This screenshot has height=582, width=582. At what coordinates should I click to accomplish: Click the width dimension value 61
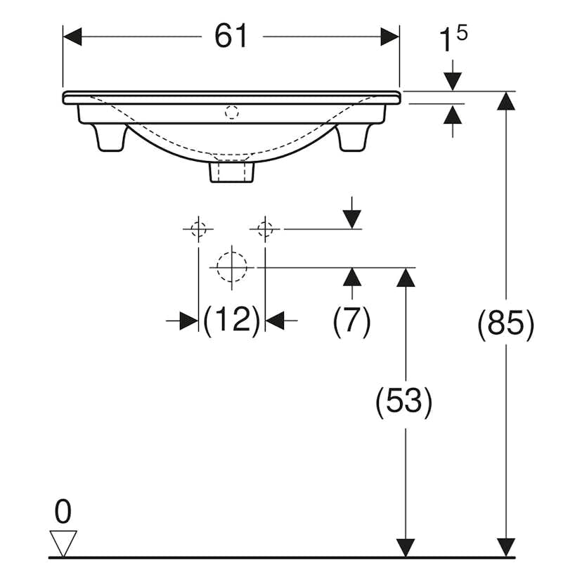[231, 36]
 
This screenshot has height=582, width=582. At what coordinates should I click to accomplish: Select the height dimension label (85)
[506, 325]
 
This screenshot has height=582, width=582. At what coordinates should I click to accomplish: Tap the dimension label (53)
[403, 401]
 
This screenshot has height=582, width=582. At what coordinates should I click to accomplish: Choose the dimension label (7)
[351, 321]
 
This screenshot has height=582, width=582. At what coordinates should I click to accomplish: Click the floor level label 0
[63, 513]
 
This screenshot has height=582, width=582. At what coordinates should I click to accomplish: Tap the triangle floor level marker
[63, 542]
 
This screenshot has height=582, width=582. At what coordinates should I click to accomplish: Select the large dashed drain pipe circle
[231, 267]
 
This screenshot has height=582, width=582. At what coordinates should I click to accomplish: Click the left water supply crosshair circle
[198, 228]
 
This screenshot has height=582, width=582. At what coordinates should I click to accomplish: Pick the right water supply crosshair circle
[264, 228]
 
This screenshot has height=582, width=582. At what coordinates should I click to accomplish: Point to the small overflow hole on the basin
[231, 111]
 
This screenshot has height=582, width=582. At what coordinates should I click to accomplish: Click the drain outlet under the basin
[231, 172]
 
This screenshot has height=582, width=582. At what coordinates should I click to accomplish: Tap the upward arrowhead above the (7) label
[352, 277]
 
